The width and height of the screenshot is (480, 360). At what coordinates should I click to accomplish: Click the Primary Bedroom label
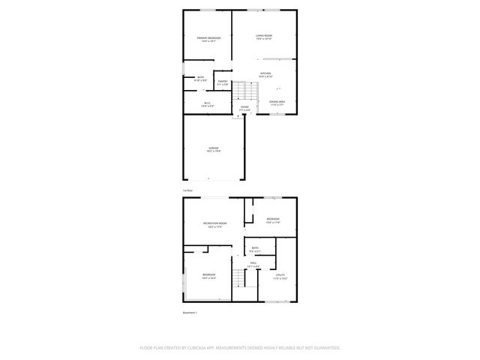208,39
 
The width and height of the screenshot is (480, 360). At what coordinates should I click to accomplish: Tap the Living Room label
263,37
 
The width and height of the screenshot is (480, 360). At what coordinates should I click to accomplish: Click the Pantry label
223,82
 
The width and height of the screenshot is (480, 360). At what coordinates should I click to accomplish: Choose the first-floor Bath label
200,79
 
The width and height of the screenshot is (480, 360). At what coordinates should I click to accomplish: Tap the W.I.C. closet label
208,105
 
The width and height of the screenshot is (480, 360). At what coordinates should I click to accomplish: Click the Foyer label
244,109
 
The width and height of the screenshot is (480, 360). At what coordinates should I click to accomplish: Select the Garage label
214,150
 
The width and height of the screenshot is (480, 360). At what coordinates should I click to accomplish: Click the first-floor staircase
241,92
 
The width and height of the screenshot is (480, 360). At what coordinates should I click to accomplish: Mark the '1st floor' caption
187,190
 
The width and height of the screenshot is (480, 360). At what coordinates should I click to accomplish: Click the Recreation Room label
214,225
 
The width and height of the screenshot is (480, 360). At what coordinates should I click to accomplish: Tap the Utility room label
280,277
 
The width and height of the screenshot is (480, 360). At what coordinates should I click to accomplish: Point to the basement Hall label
254,264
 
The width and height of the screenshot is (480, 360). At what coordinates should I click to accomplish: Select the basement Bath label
255,249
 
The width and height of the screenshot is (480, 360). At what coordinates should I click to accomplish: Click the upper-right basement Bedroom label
272,220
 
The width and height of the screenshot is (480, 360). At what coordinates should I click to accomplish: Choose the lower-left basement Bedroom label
208,276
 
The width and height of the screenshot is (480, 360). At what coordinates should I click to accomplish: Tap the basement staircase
238,279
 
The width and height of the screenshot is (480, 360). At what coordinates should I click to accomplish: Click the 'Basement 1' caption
190,312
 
